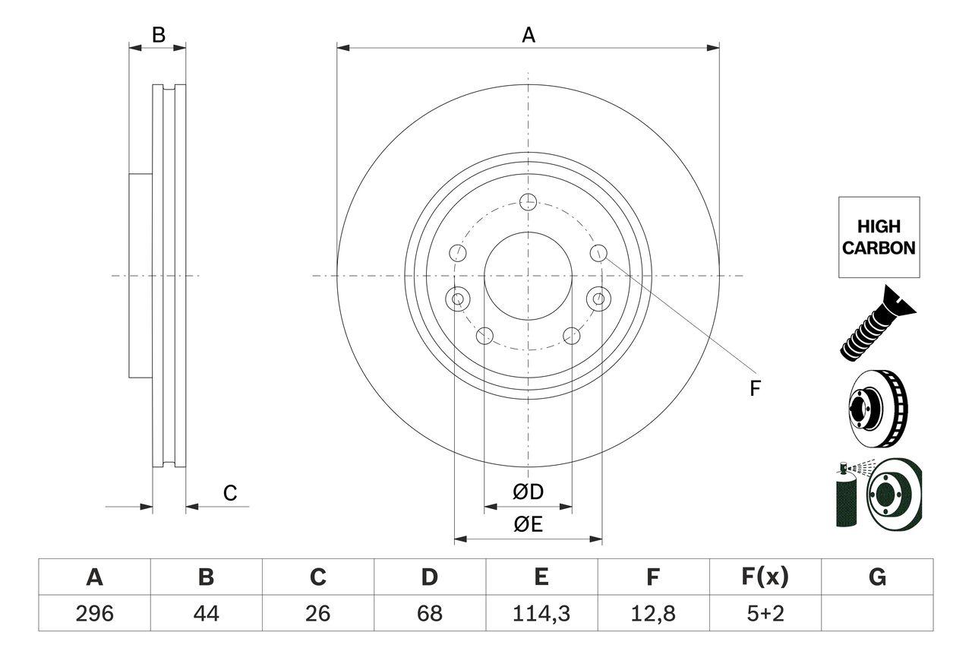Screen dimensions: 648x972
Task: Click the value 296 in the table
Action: (94, 613)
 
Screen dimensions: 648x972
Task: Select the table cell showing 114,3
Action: (541, 613)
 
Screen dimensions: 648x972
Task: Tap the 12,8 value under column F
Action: (652, 613)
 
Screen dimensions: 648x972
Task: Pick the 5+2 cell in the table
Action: (764, 613)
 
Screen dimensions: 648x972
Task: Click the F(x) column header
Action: (764, 577)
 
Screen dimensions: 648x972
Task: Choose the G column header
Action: (877, 577)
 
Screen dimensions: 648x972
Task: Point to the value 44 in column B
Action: (206, 613)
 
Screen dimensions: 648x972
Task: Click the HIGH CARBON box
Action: (879, 237)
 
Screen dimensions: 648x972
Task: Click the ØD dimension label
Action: (529, 492)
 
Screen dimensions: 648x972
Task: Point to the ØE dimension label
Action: (528, 525)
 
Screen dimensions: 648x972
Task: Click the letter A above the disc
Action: (528, 35)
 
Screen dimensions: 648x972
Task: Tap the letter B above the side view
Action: (158, 35)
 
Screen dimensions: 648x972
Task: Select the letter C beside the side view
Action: (230, 493)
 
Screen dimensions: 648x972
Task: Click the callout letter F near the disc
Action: (755, 388)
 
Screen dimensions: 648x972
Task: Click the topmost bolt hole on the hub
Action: (529, 201)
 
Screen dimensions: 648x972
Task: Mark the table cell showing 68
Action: (429, 613)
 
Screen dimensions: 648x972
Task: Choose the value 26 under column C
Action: (317, 613)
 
